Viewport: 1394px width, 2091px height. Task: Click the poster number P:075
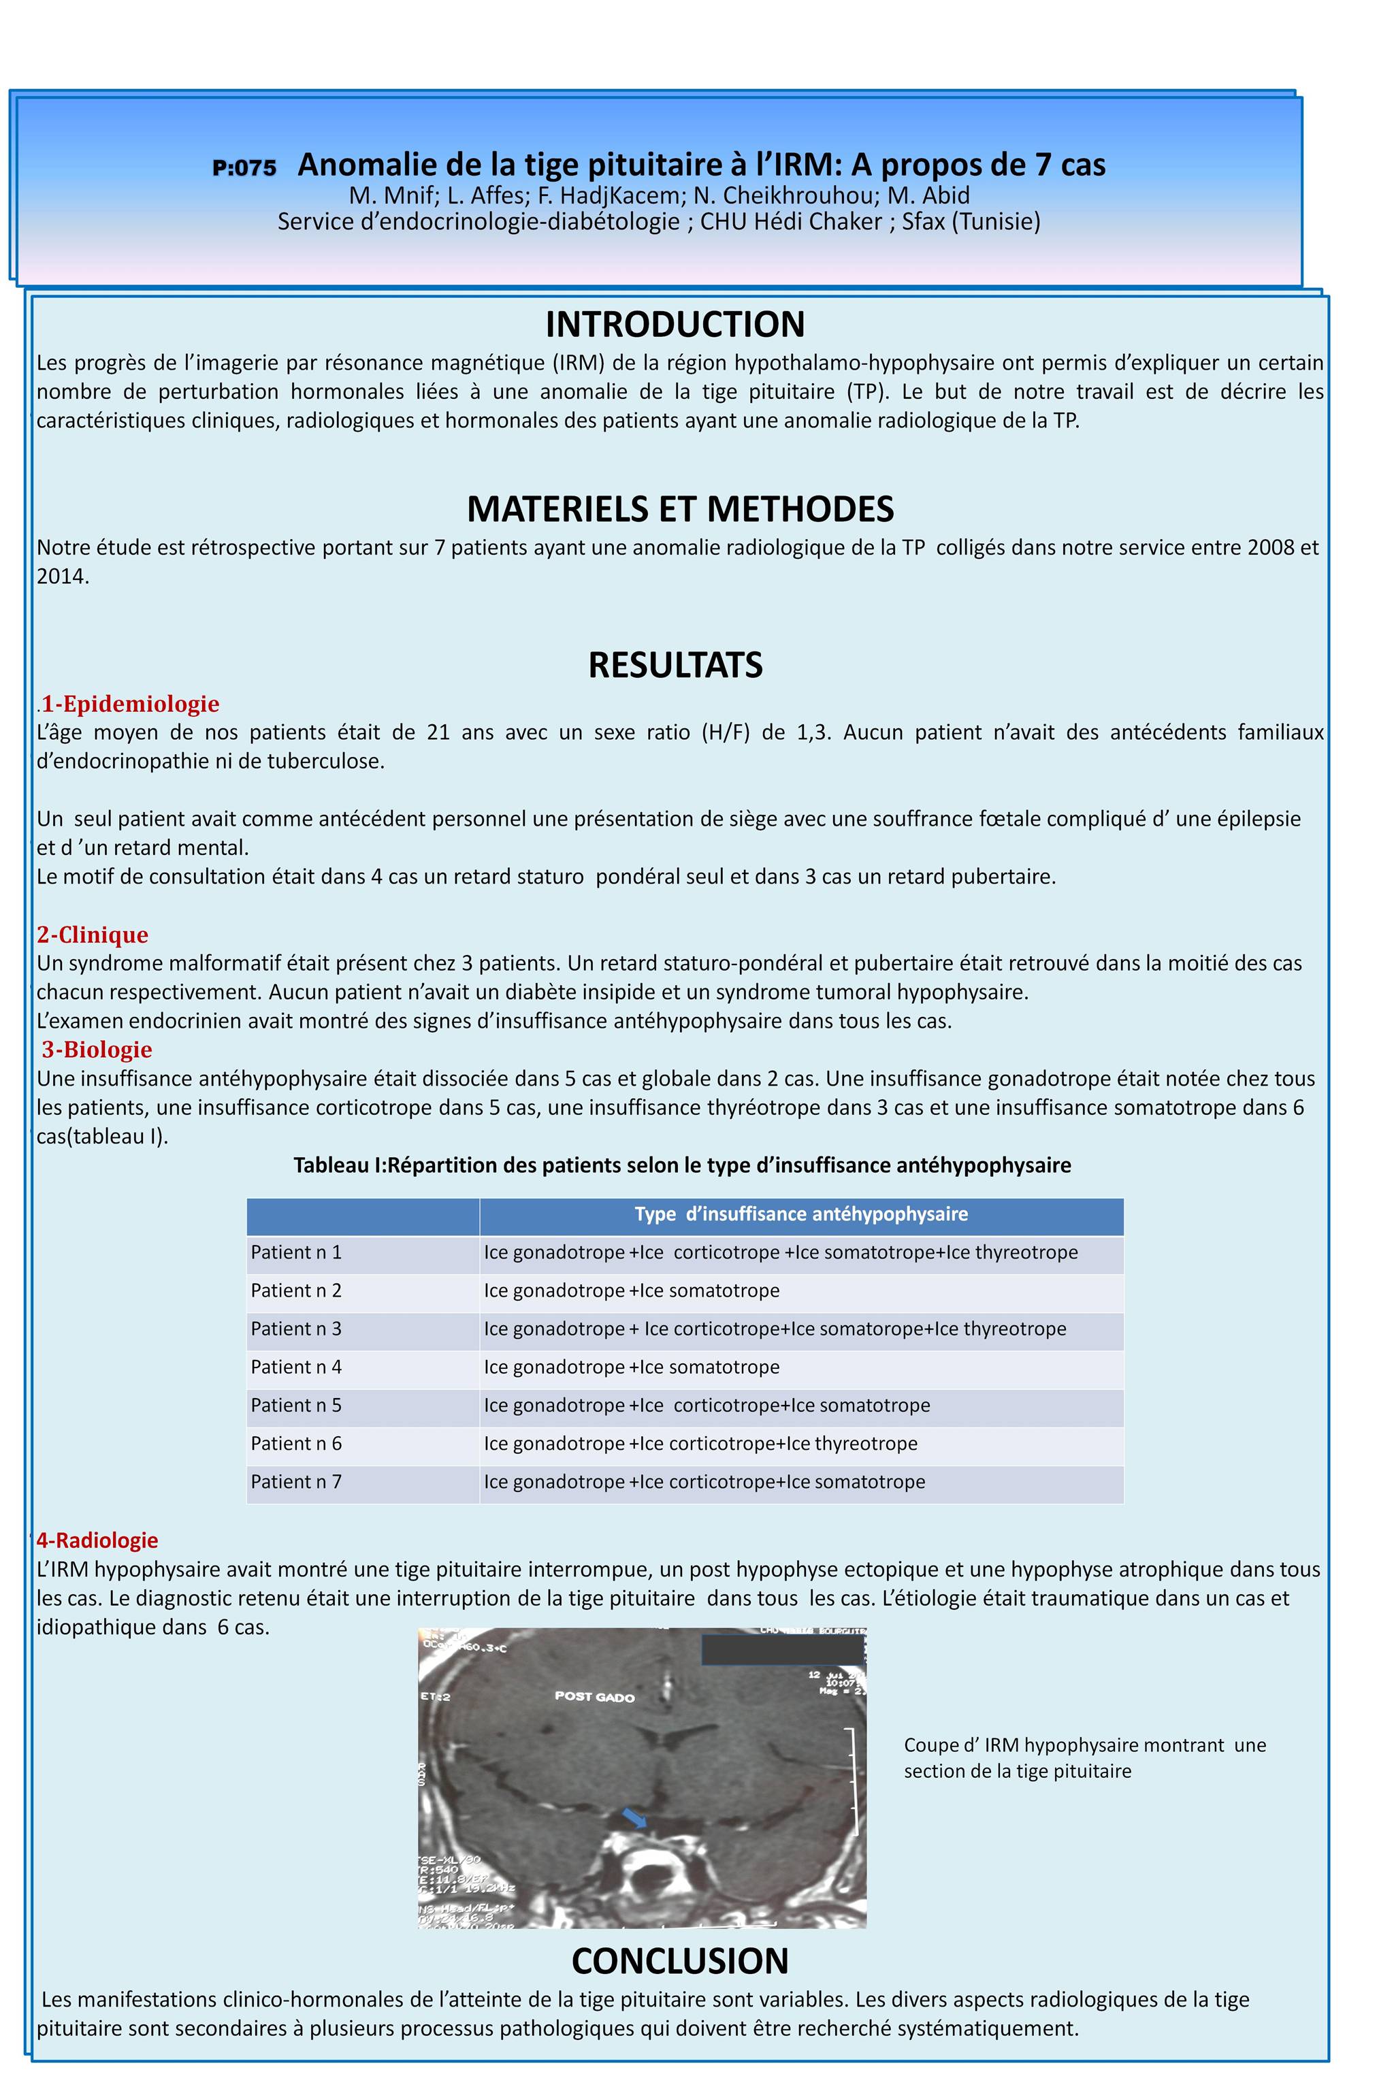pyautogui.click(x=244, y=168)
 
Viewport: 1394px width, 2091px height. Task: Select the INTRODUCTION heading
pyautogui.click(x=675, y=325)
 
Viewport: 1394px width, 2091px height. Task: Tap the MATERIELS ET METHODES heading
pyautogui.click(x=680, y=508)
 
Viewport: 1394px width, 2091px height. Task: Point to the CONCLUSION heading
pyautogui.click(x=680, y=1960)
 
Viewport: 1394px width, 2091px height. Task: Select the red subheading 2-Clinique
pyautogui.click(x=93, y=935)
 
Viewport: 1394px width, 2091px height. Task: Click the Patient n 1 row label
pyautogui.click(x=296, y=1252)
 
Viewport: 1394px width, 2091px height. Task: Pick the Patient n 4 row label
pyautogui.click(x=296, y=1367)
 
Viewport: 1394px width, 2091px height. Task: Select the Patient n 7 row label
pyautogui.click(x=296, y=1482)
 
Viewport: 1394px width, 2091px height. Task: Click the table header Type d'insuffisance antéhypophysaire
pyautogui.click(x=801, y=1214)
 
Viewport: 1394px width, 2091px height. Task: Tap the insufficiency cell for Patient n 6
pyautogui.click(x=700, y=1444)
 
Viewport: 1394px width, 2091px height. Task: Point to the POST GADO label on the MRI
pyautogui.click(x=595, y=1696)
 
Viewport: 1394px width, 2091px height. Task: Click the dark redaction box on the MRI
pyautogui.click(x=782, y=1649)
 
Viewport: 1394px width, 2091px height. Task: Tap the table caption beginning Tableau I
pyautogui.click(x=682, y=1165)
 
